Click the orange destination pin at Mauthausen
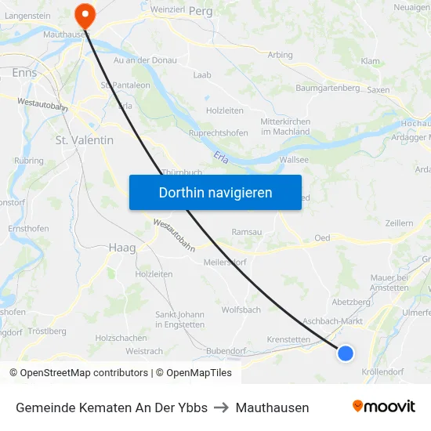tap(83, 14)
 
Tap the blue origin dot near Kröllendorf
tap(346, 353)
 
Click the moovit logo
tap(384, 406)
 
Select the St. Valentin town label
tap(85, 140)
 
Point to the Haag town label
tap(121, 248)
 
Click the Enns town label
tap(25, 72)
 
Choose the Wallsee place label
tap(294, 159)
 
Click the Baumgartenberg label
tap(328, 88)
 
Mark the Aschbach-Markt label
tap(332, 321)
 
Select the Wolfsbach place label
tap(241, 310)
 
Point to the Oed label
tap(322, 237)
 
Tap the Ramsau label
tap(248, 232)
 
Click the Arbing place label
tap(280, 55)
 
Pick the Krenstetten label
tap(288, 339)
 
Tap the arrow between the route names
tap(222, 407)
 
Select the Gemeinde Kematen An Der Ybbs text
tap(111, 407)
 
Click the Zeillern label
tap(399, 223)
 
